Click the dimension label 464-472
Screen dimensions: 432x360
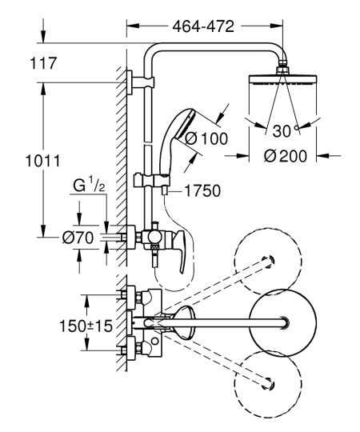pyautogui.click(x=203, y=26)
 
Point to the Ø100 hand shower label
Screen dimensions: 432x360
pyautogui.click(x=206, y=138)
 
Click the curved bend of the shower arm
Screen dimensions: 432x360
pyautogui.click(x=152, y=54)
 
